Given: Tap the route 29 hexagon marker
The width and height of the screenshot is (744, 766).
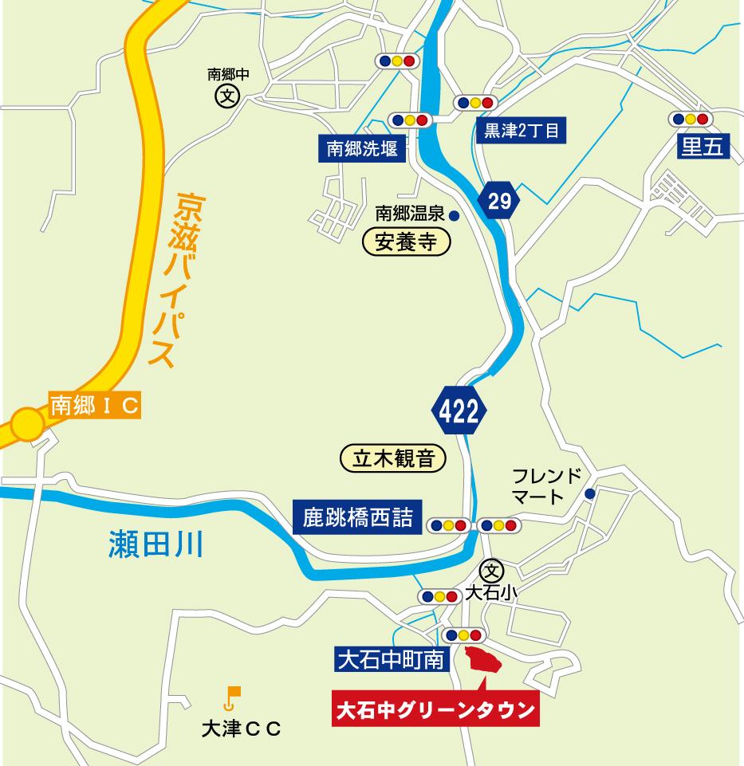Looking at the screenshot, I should point(499,201).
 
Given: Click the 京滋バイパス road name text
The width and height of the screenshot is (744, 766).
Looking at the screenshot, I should point(174,279).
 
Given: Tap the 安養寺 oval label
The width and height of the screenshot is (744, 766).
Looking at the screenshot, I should point(407,242).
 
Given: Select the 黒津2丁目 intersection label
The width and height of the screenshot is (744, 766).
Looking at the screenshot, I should point(522,130).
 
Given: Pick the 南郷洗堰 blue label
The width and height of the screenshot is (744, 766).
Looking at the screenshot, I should point(362,148).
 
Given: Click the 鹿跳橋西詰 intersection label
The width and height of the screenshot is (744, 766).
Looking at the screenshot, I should point(357,517).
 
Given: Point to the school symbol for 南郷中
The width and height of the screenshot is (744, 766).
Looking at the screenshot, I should point(228,97).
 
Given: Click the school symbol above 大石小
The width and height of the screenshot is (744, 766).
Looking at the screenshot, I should point(492,571).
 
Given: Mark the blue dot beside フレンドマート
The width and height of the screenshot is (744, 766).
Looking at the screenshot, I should point(589,494).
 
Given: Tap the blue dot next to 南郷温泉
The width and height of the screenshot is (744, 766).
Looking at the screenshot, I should point(454,214).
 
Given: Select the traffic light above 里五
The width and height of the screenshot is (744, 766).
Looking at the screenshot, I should point(691,119).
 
